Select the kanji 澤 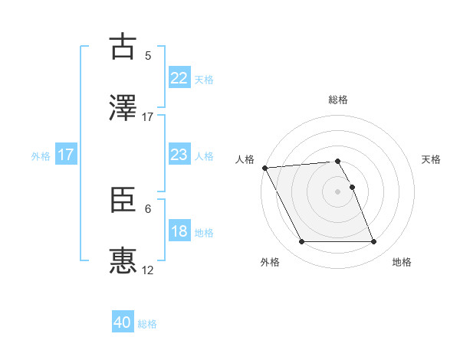[123, 106]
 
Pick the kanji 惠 [123, 261]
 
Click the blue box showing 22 [179, 77]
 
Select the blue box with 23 [179, 155]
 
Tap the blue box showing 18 [179, 231]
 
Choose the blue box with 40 [123, 322]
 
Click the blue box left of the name [65, 155]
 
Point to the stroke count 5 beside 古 [148, 55]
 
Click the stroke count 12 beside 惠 [148, 270]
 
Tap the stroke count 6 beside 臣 [148, 208]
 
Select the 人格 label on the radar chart [245, 159]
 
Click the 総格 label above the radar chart [338, 100]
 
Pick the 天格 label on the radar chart [431, 159]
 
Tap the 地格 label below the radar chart [402, 262]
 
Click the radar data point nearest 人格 [265, 168]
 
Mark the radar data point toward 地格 [373, 242]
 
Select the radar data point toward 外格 [302, 242]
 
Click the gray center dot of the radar [338, 191]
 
